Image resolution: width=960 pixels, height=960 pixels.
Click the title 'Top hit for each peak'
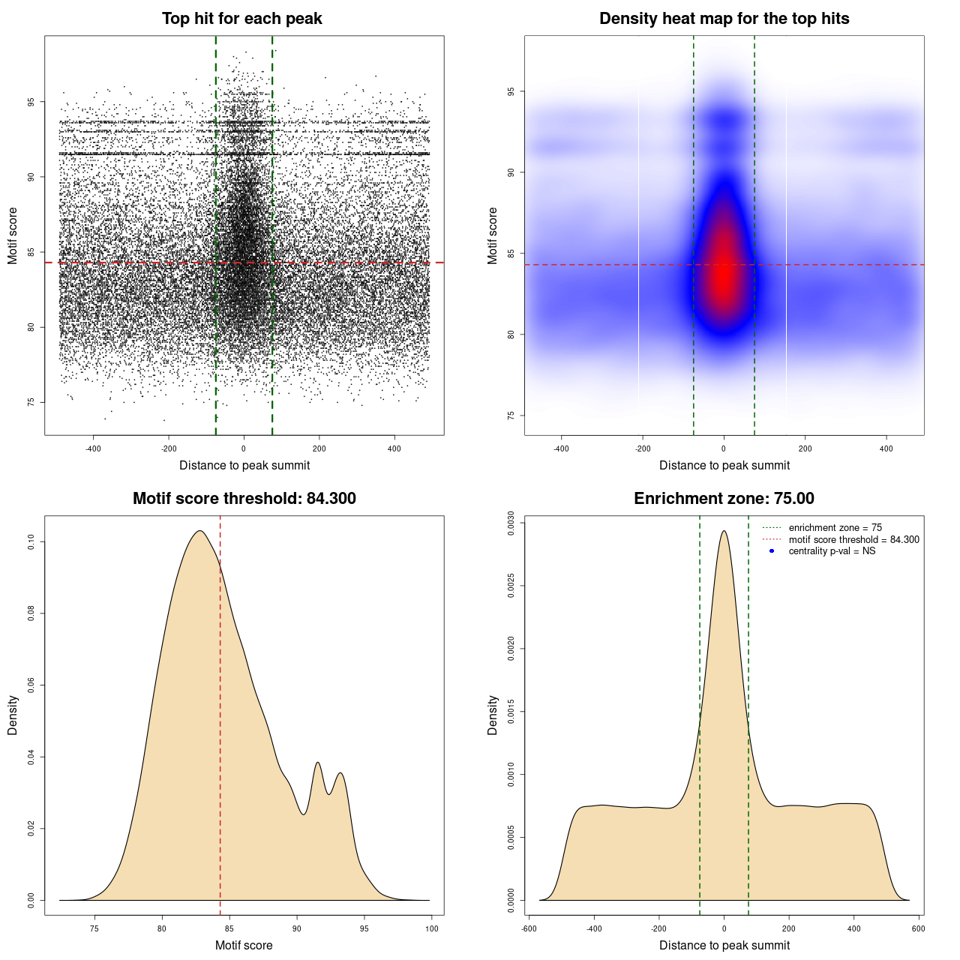[x=241, y=19]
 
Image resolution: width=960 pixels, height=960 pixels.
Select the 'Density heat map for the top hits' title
[x=724, y=19]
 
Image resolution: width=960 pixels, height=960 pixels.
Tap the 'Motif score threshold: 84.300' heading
[x=244, y=499]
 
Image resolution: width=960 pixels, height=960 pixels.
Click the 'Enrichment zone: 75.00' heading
[x=724, y=499]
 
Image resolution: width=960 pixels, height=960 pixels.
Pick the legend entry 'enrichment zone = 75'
[x=835, y=528]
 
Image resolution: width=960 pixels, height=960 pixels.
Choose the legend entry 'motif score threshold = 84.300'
[x=853, y=540]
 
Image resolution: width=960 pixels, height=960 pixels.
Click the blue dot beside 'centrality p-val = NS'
[x=772, y=551]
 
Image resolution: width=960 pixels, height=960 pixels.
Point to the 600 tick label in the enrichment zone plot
[x=918, y=928]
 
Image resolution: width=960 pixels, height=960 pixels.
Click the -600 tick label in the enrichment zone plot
[x=529, y=928]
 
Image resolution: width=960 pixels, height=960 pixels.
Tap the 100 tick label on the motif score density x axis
[x=431, y=928]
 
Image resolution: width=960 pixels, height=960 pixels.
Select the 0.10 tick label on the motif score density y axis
[x=31, y=541]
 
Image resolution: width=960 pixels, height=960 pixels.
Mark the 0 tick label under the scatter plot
[x=244, y=448]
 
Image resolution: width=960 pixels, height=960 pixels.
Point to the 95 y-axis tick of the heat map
[x=511, y=91]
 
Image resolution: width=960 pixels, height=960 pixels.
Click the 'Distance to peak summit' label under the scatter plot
[x=244, y=466]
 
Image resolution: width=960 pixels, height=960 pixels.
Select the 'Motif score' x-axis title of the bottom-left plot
[x=244, y=946]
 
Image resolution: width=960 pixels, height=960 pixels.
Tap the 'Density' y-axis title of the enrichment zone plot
[x=493, y=715]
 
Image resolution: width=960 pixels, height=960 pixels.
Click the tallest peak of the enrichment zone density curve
[x=724, y=532]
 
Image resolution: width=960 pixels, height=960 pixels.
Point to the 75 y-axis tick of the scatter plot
[x=31, y=402]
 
